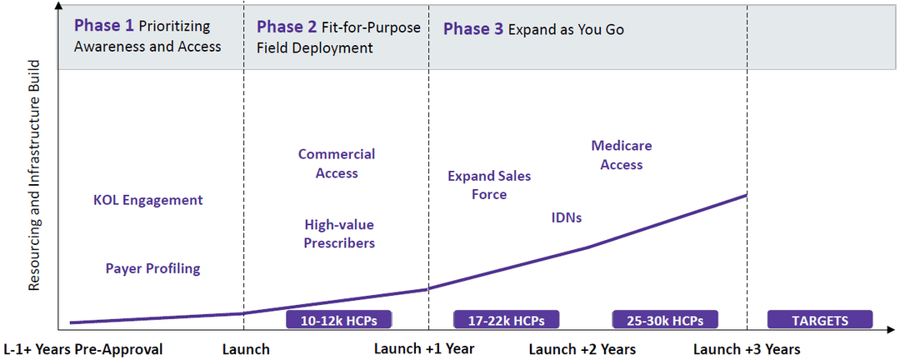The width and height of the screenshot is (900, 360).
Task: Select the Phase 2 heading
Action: [338, 37]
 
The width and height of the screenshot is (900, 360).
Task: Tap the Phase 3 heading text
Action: [533, 29]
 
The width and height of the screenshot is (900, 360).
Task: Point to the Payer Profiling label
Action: [152, 268]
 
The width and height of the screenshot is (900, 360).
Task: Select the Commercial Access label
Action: [337, 163]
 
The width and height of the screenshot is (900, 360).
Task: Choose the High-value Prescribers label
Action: [338, 234]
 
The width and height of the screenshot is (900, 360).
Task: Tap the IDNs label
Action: [567, 217]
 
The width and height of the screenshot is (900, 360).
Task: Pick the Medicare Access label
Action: [622, 155]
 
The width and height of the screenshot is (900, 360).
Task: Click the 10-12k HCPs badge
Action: [338, 320]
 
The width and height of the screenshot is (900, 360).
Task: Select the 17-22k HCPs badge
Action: [506, 320]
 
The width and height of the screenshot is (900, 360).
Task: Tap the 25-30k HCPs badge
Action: [665, 320]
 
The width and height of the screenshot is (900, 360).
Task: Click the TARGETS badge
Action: [820, 320]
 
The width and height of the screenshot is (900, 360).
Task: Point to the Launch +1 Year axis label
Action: [423, 348]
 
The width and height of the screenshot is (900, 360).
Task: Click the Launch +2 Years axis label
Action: [582, 348]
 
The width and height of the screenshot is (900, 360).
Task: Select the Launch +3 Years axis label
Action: [747, 348]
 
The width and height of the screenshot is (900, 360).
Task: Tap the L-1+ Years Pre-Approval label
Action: [83, 348]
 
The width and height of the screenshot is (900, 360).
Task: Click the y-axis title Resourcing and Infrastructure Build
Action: [35, 175]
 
